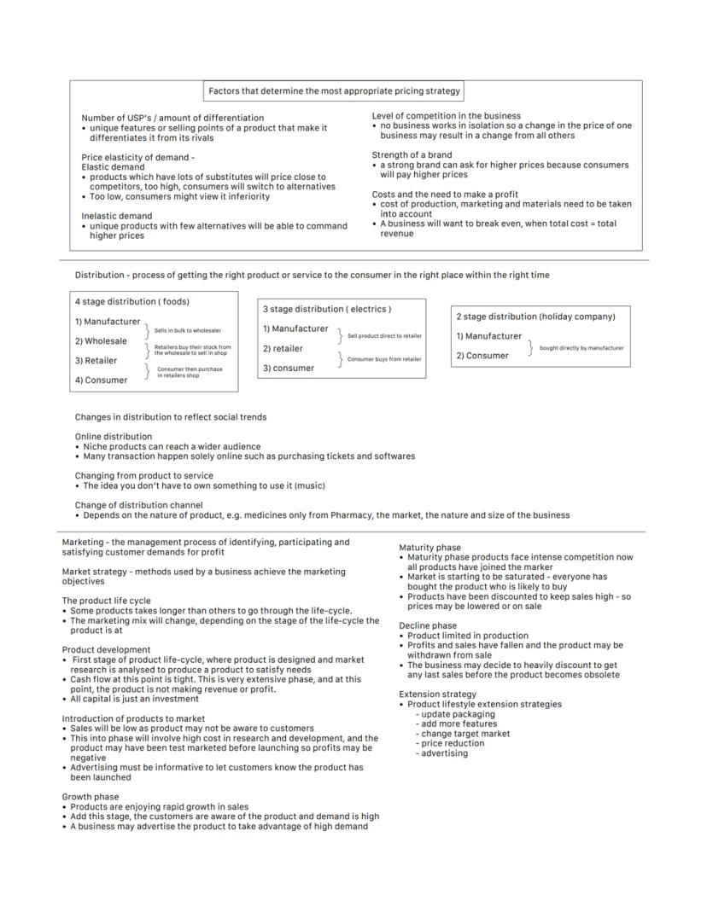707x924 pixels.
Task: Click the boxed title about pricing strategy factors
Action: [x=334, y=90]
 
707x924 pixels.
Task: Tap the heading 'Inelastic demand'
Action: [x=116, y=216]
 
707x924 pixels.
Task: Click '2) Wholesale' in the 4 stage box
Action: [x=101, y=341]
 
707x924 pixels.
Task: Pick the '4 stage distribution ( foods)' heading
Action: [x=131, y=301]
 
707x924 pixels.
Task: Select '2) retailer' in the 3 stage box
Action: [x=283, y=348]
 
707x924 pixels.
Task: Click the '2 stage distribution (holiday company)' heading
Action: [x=535, y=317]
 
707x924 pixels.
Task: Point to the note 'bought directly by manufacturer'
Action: [x=581, y=348]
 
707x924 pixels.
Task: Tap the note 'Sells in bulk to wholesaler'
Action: [x=187, y=330]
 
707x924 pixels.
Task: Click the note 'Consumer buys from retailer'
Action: [x=384, y=359]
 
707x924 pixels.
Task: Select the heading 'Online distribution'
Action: [x=114, y=436]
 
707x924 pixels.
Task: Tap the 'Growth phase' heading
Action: [x=90, y=797]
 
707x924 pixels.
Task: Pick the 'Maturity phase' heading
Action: [x=429, y=548]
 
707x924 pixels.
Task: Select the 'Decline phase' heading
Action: [x=428, y=625]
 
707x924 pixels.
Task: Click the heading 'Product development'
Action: [x=106, y=650]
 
